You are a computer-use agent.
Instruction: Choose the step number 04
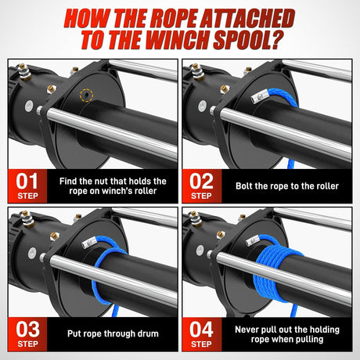[x=203, y=328]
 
